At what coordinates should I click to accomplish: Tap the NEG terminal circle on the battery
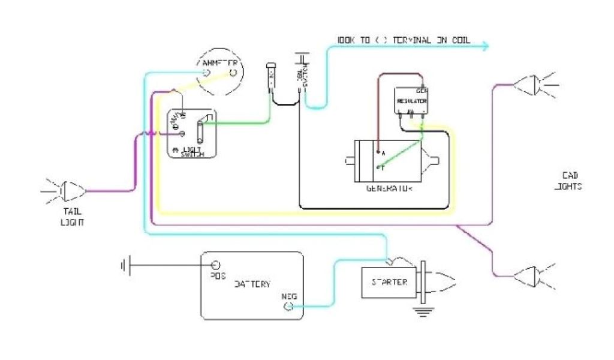point(288,307)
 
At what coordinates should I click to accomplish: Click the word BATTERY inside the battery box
point(252,284)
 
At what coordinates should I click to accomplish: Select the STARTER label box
point(389,282)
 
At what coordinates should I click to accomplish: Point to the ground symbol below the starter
point(422,310)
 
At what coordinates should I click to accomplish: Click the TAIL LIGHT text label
point(72,217)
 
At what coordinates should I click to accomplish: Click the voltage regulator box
point(411,100)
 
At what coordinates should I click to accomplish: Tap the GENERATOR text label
point(390,188)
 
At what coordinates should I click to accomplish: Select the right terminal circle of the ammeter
point(233,73)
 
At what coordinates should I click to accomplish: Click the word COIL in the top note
point(458,40)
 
